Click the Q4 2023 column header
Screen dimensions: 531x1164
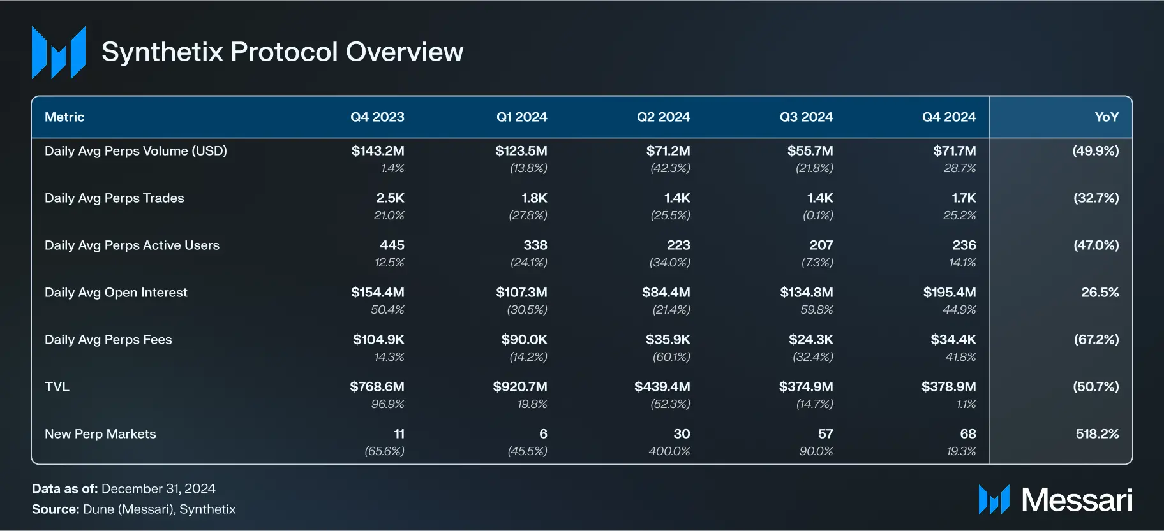(x=377, y=117)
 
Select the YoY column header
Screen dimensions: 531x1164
(x=1106, y=117)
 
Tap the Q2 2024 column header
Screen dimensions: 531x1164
(x=663, y=117)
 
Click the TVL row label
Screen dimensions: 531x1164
(x=57, y=387)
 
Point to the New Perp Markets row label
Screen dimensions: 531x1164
(x=100, y=434)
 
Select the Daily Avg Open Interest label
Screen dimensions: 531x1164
(x=116, y=293)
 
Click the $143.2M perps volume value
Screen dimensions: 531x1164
(x=378, y=151)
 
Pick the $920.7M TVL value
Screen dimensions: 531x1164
(x=519, y=387)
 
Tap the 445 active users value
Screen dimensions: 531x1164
(x=392, y=245)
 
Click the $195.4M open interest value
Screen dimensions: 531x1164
(x=949, y=293)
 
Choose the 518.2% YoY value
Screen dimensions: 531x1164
(x=1097, y=434)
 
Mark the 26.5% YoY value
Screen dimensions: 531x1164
(x=1100, y=293)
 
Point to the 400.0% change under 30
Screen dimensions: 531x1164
(x=669, y=451)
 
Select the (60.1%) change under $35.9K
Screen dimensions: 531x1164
(x=671, y=357)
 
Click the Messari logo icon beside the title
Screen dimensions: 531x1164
(x=59, y=52)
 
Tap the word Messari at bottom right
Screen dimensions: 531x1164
(x=1077, y=500)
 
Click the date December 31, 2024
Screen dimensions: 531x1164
(x=158, y=489)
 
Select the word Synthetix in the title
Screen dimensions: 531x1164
(x=162, y=52)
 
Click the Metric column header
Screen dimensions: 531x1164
(x=64, y=117)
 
